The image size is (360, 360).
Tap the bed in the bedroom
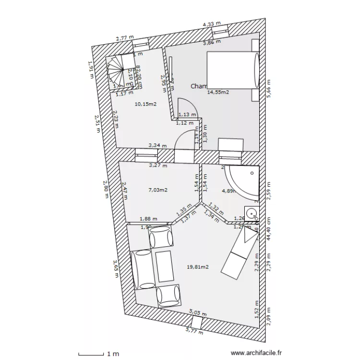click(233, 69)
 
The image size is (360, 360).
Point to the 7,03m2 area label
click(158, 190)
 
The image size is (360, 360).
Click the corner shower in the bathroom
click(242, 183)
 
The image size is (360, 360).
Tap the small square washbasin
click(251, 213)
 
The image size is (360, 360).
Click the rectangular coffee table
click(164, 266)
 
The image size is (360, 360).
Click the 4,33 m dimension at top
click(212, 24)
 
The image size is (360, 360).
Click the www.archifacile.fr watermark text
click(257, 353)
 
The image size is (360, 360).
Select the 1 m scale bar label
click(112, 354)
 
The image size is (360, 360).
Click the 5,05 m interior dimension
click(197, 312)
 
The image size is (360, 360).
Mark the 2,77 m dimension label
click(124, 38)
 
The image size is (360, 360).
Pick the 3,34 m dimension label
click(157, 145)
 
